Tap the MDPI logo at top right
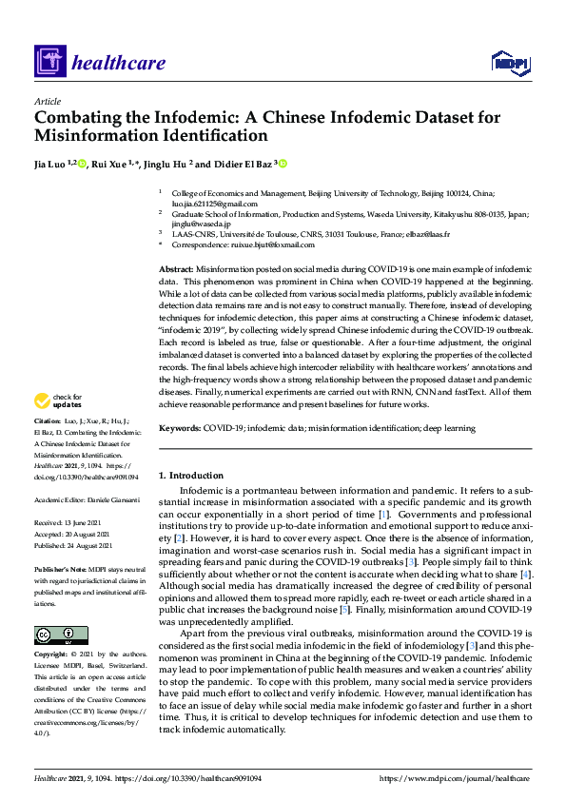click(x=510, y=63)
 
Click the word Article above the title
click(x=47, y=101)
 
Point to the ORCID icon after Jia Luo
click(x=83, y=164)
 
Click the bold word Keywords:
click(x=180, y=429)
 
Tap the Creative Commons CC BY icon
click(x=61, y=635)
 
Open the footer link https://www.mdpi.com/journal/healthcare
click(x=455, y=778)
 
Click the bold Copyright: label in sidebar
click(x=51, y=655)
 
